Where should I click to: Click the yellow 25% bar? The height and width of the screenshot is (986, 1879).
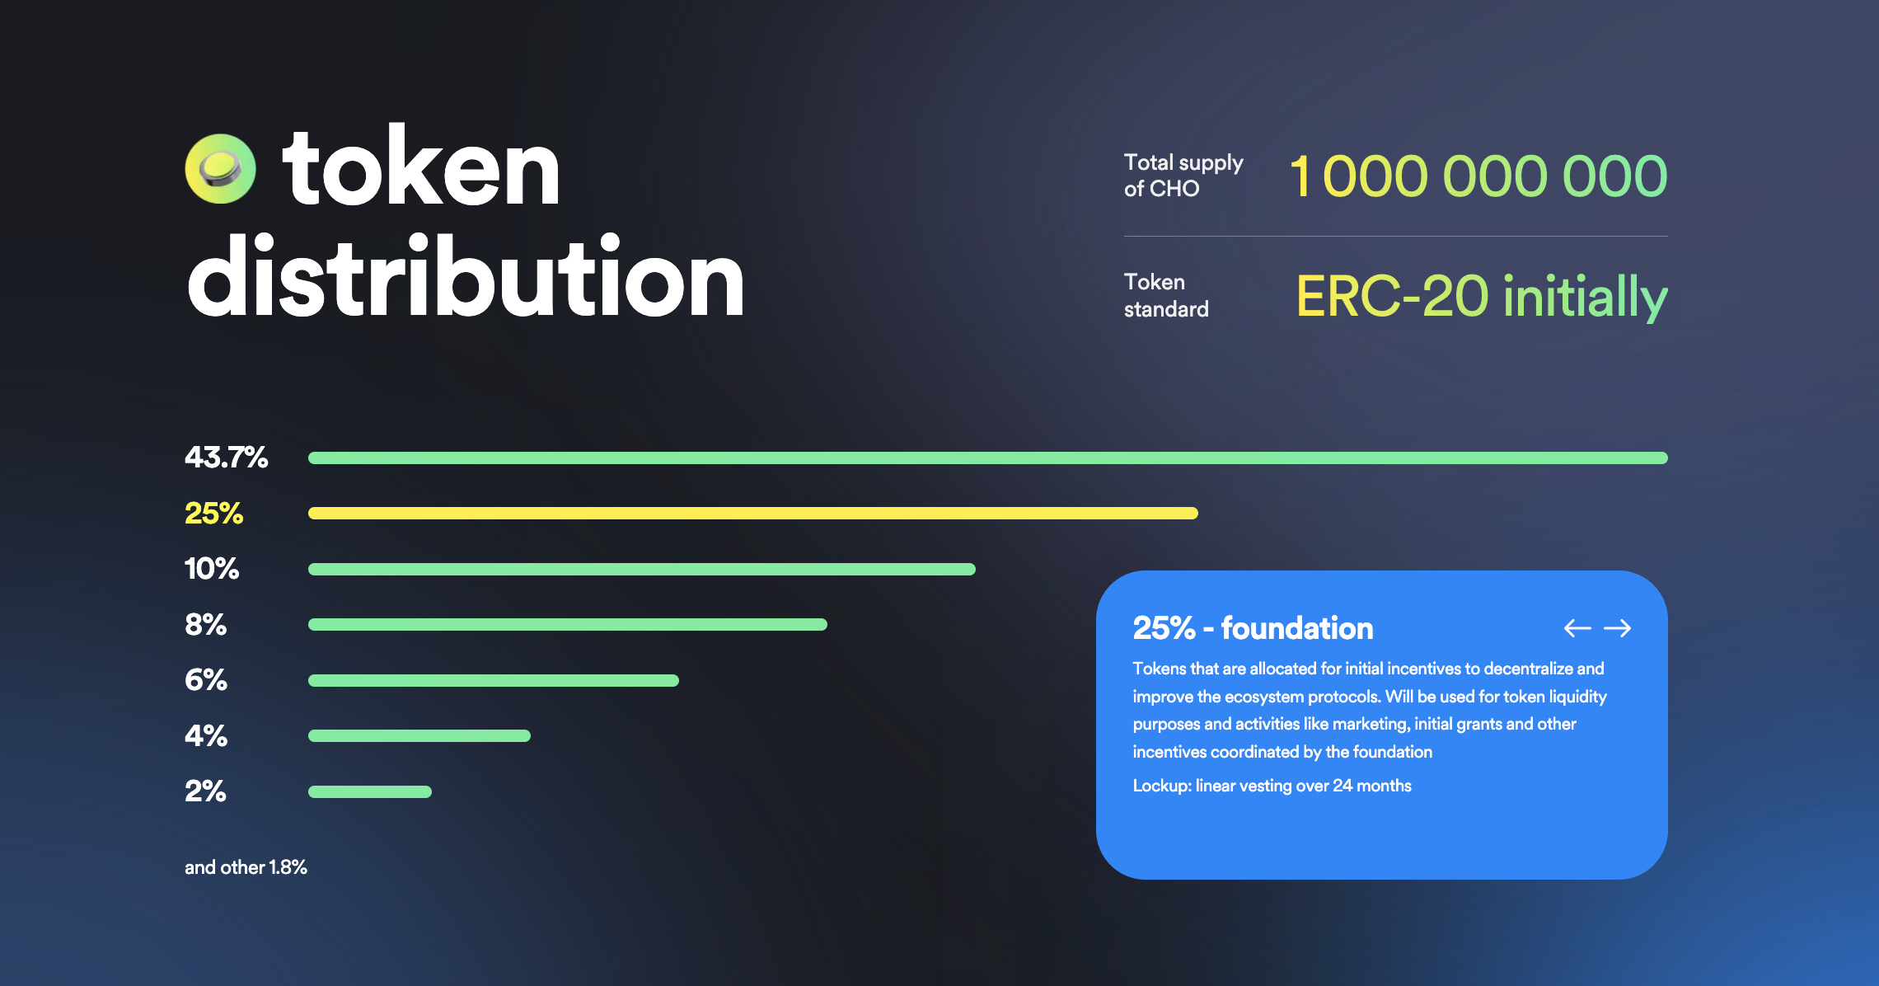(x=752, y=513)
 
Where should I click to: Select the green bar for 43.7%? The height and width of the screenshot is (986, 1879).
(x=987, y=458)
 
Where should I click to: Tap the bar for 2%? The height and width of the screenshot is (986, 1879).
(x=370, y=791)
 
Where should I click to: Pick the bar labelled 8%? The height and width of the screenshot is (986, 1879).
(x=567, y=624)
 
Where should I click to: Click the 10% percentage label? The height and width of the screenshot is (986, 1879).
(x=212, y=569)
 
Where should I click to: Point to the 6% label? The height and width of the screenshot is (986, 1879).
(x=206, y=680)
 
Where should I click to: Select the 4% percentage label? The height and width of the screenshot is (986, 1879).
(x=206, y=735)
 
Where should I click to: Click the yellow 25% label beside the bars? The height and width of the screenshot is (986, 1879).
(x=214, y=514)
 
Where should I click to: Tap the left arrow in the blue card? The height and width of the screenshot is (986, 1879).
(x=1577, y=628)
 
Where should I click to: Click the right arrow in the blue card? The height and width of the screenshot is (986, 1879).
(x=1617, y=628)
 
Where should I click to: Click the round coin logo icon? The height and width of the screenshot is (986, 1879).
(x=220, y=169)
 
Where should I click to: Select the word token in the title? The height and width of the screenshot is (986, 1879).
(x=420, y=169)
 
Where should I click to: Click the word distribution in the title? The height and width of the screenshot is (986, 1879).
(x=466, y=278)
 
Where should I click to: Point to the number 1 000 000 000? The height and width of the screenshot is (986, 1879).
(x=1478, y=176)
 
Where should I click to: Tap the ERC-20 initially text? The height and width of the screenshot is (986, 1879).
(x=1481, y=297)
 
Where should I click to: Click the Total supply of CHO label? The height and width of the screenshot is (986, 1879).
(x=1183, y=176)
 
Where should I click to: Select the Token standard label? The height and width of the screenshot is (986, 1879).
(x=1165, y=295)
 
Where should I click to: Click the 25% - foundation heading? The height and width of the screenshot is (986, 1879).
(x=1253, y=628)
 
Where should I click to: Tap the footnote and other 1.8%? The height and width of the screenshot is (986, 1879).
(x=246, y=867)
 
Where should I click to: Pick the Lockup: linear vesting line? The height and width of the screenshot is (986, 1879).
(x=1272, y=786)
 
